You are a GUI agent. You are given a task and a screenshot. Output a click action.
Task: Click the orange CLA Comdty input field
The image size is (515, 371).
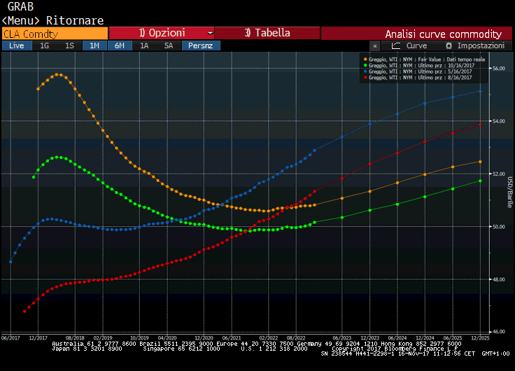click(55, 33)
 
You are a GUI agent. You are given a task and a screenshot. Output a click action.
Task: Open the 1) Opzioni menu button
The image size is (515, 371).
click(162, 33)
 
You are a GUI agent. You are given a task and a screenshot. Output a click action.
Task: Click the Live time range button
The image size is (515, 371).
click(17, 45)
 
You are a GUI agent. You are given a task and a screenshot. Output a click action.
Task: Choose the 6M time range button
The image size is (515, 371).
click(120, 45)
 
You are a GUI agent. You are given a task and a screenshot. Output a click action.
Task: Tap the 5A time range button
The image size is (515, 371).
click(169, 45)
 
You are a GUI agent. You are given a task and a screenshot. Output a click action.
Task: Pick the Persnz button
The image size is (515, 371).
click(201, 45)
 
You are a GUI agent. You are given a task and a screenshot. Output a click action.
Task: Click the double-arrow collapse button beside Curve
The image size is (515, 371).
click(375, 45)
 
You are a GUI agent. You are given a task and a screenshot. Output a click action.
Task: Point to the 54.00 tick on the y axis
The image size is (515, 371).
click(499, 121)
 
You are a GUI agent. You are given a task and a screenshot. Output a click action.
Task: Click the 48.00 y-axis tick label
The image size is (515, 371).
click(499, 279)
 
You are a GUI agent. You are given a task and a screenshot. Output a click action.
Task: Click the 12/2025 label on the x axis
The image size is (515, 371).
click(479, 337)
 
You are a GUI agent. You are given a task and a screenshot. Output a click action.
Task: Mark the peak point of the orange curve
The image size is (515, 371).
click(59, 74)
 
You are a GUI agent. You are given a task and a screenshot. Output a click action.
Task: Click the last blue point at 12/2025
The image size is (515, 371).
click(480, 90)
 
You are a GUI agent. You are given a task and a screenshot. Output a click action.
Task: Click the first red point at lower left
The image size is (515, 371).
click(24, 311)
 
